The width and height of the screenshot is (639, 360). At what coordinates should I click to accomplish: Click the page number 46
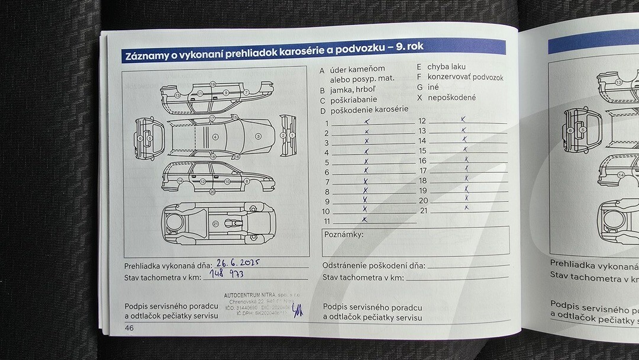pos(130,327)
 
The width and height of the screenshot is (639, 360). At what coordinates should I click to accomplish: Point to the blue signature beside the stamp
pos(298,308)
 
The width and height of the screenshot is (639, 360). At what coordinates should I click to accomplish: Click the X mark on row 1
pos(367,121)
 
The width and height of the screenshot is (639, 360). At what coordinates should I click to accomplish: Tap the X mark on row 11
pos(365,219)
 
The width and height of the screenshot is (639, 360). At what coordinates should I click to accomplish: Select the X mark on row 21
pos(467,208)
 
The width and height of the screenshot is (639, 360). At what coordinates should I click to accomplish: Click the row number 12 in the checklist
pos(422,121)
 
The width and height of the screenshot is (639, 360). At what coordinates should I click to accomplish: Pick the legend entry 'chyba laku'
pos(446,67)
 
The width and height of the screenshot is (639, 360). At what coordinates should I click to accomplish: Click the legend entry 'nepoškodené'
pos(451,98)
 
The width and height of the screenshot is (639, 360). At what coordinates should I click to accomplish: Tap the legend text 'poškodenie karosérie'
pos(369,110)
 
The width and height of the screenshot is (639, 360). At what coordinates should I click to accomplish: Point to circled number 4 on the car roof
pos(215,137)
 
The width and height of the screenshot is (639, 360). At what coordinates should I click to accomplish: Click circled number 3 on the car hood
pos(258,136)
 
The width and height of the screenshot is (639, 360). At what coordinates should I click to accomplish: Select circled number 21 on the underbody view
pos(215,223)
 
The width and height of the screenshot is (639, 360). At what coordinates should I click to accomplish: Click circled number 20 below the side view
pos(211,192)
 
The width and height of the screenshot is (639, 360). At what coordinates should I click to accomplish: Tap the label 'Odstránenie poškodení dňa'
pos(373,266)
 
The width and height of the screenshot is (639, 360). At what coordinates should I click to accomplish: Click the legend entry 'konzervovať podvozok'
pos(465,77)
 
